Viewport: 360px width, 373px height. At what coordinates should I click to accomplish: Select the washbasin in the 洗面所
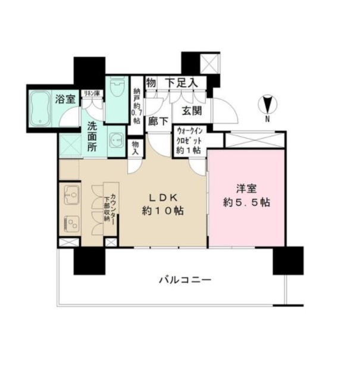(x=116, y=140)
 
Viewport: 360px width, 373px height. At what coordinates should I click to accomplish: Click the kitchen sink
(x=71, y=195)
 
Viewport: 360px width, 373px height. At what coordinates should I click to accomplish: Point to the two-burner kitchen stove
(x=71, y=224)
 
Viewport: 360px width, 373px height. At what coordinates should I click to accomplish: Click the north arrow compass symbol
(x=268, y=105)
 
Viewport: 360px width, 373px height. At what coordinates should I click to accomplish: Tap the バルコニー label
(x=185, y=280)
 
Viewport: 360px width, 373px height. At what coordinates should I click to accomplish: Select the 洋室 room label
(x=246, y=189)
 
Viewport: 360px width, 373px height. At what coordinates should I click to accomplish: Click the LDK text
(x=163, y=198)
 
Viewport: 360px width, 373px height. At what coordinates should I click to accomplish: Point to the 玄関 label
(x=192, y=111)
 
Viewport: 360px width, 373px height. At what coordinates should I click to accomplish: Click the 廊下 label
(x=158, y=121)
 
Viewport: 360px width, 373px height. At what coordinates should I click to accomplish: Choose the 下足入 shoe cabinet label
(x=181, y=83)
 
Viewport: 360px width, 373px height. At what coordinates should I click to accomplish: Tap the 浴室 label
(x=65, y=99)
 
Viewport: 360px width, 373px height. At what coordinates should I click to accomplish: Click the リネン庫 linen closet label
(x=92, y=93)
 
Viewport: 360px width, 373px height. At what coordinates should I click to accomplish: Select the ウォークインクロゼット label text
(x=189, y=136)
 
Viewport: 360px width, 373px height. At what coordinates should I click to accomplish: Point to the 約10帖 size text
(x=163, y=211)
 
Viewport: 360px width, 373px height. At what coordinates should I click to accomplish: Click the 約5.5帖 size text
(x=246, y=202)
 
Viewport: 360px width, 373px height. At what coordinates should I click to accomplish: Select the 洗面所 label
(x=92, y=137)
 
